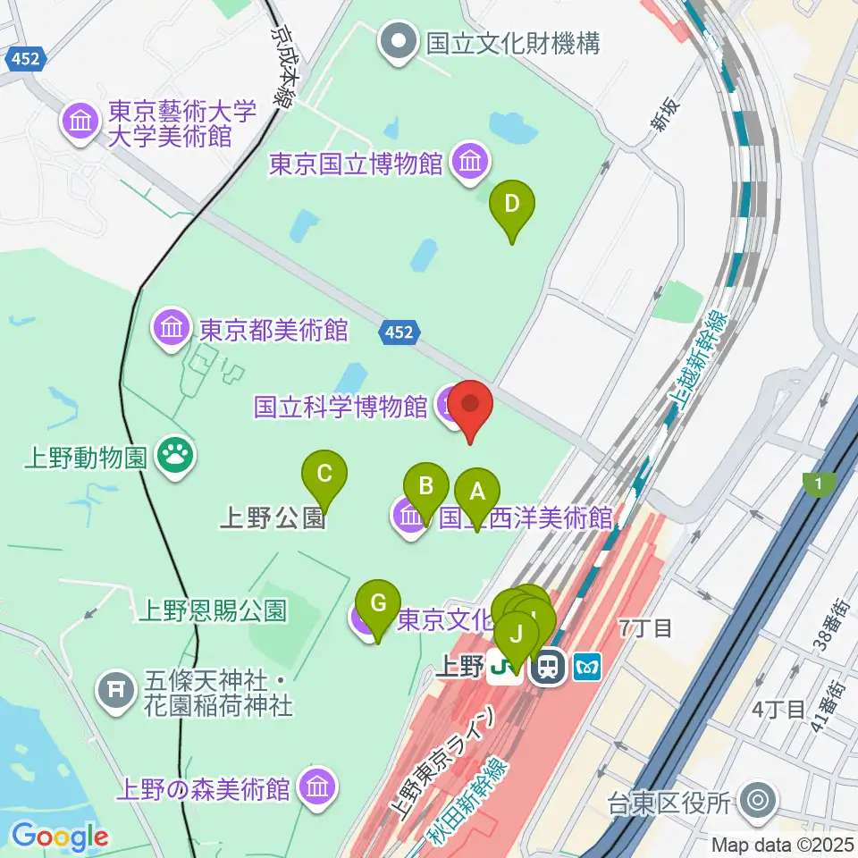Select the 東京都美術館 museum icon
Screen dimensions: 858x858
click(x=172, y=330)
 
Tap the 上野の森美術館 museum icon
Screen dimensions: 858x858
click(x=315, y=787)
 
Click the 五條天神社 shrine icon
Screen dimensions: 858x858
click(x=115, y=688)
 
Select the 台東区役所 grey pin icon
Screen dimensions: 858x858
click(x=760, y=801)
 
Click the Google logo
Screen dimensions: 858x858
click(x=60, y=837)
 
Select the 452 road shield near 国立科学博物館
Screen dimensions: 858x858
click(x=399, y=332)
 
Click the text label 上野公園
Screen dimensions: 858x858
click(x=272, y=519)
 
